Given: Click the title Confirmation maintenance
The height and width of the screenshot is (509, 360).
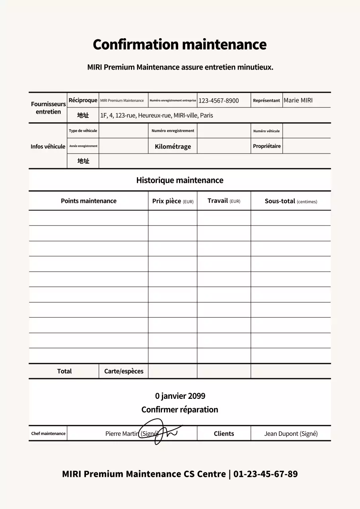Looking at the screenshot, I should [x=179, y=45].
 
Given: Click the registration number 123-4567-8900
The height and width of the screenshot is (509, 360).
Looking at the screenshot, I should [x=218, y=101].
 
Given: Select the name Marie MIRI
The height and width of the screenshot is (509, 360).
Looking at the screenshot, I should [x=298, y=100].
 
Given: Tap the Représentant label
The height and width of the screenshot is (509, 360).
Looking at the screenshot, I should [x=266, y=101].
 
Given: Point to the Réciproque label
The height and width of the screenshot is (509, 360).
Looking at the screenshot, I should [x=83, y=100].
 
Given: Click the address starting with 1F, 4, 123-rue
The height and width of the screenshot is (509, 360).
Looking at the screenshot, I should [x=156, y=116].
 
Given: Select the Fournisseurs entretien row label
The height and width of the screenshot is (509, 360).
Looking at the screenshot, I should [x=48, y=108].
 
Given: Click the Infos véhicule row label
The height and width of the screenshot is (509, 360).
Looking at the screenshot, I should [x=48, y=146].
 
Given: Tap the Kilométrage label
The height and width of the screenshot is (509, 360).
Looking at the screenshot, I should [x=173, y=146].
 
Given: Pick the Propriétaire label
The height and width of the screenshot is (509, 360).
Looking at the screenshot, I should [x=267, y=146].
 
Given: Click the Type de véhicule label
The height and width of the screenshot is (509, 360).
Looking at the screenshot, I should [x=83, y=131].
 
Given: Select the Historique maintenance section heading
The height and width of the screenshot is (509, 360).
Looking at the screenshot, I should [x=179, y=180].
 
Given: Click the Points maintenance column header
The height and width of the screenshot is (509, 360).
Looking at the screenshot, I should [x=88, y=201].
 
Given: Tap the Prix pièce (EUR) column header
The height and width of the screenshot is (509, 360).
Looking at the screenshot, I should [x=173, y=201].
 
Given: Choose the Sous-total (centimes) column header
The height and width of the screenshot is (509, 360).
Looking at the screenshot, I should [x=291, y=201].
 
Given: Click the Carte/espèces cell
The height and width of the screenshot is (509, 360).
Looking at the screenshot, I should [x=123, y=371].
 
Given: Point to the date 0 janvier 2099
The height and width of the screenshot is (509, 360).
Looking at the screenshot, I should [x=180, y=396].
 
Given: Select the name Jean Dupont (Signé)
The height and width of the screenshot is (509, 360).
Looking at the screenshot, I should [x=291, y=433].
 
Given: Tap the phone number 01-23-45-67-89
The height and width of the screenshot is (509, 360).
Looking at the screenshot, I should [x=265, y=474].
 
